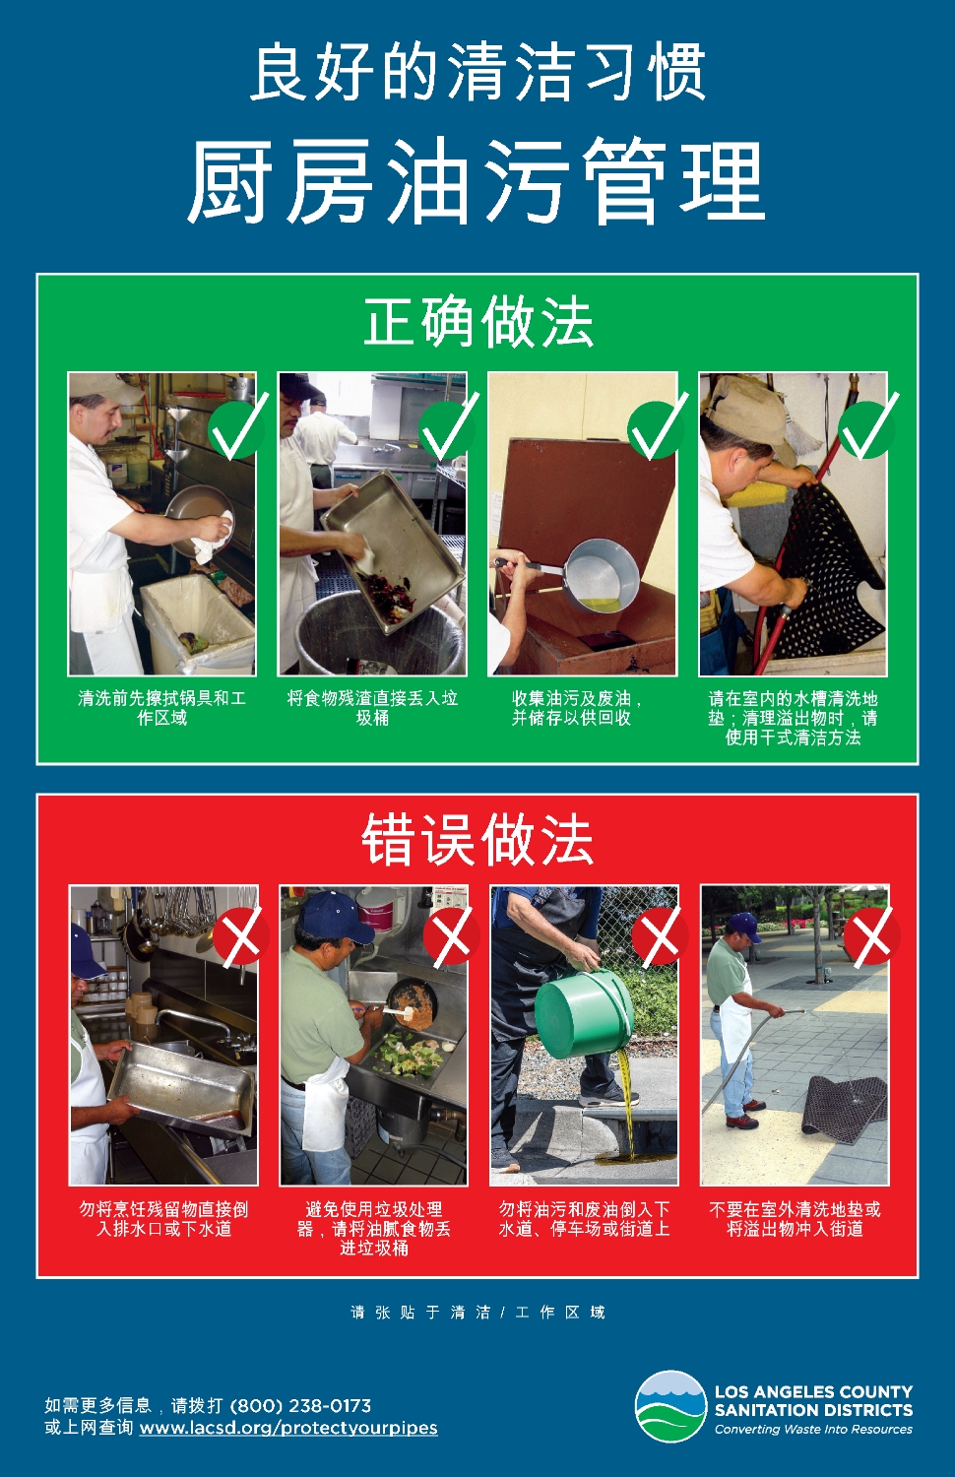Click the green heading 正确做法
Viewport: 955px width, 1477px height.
(x=477, y=322)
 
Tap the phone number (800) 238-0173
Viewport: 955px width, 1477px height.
(x=300, y=1405)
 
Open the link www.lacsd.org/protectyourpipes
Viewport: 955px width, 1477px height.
(x=288, y=1428)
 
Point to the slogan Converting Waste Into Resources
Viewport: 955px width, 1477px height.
(x=813, y=1429)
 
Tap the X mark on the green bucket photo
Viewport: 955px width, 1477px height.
(x=660, y=936)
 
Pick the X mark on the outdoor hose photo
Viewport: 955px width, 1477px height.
(x=871, y=936)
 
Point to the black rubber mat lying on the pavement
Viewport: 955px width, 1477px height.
(x=846, y=1101)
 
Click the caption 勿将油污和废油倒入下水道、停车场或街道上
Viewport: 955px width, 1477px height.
(x=584, y=1219)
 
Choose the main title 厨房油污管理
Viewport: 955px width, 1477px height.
(x=477, y=179)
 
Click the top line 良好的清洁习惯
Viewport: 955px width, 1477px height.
(x=477, y=72)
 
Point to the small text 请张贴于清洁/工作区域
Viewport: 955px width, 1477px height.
(x=477, y=1313)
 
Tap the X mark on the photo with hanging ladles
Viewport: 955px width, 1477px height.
(x=240, y=936)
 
